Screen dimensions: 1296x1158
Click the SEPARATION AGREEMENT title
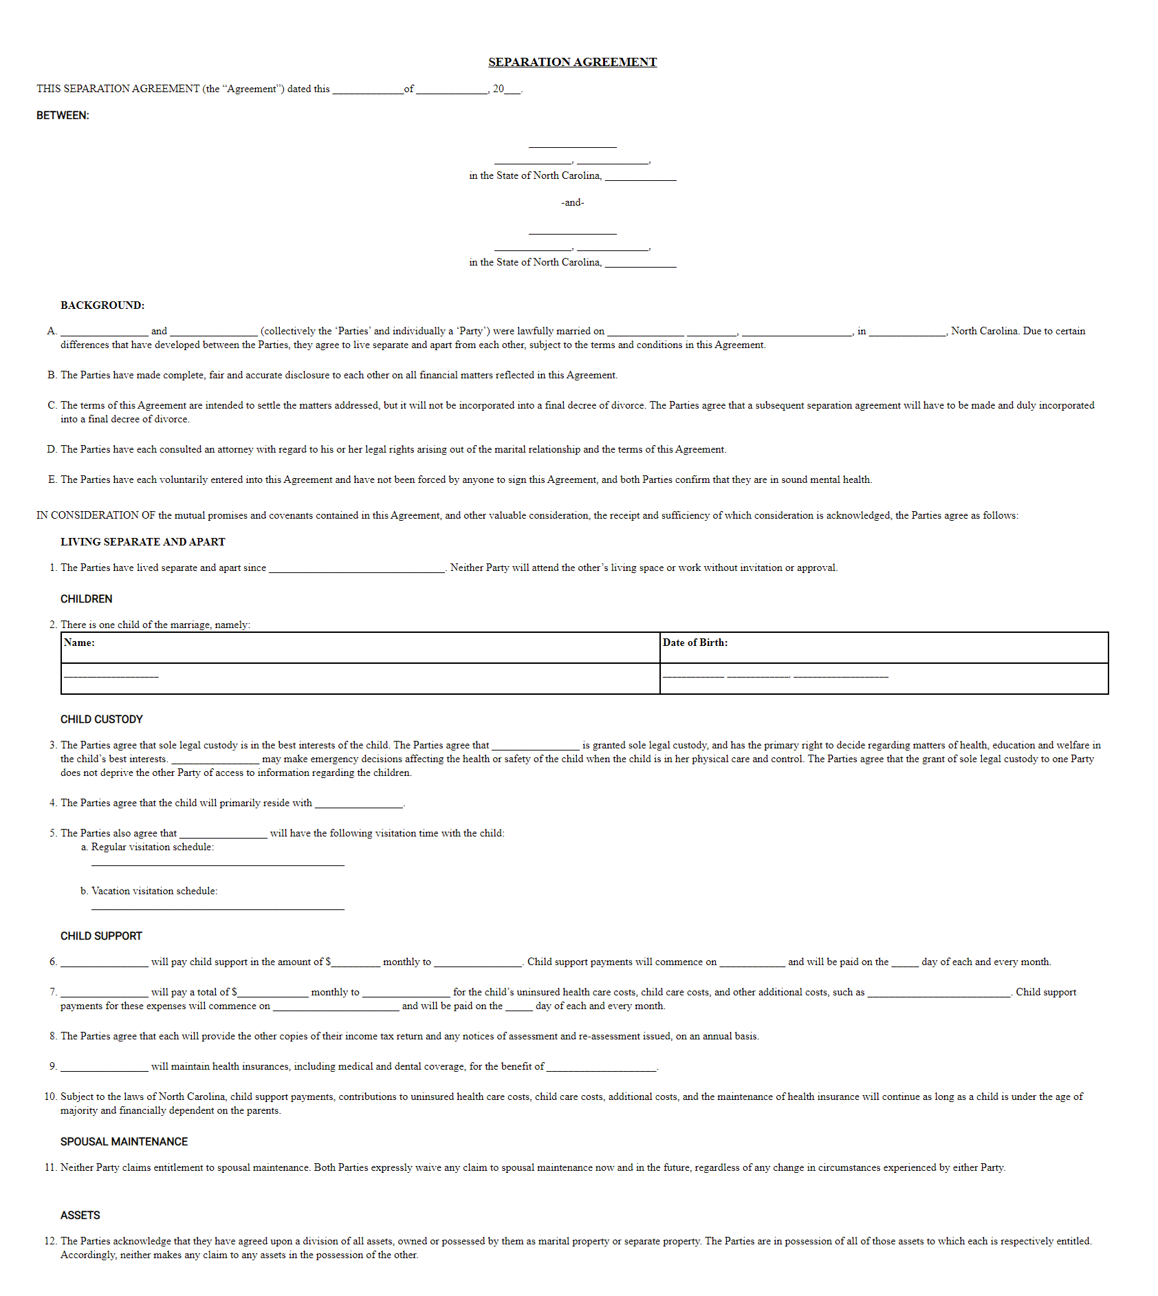pos(572,62)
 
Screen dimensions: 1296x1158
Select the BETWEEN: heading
pos(63,116)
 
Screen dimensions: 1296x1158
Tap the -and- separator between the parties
pos(572,202)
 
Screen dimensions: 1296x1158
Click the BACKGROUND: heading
pos(102,305)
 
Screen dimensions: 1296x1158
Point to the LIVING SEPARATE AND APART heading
pos(142,542)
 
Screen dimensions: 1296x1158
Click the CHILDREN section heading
pos(86,599)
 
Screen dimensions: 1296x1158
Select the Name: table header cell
pos(79,642)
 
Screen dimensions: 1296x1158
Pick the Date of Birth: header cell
pos(695,642)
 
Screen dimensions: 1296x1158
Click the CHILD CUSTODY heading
pos(101,720)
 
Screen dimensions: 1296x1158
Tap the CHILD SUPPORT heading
pos(101,936)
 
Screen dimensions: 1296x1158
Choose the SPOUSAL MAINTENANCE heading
pos(124,1142)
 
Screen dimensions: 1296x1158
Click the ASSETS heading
pos(80,1216)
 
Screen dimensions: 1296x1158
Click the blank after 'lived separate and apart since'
pos(356,569)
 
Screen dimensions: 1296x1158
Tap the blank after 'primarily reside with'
pos(358,804)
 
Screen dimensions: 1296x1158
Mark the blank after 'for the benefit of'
pos(602,1068)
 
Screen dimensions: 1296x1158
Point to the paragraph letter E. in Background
pos(52,479)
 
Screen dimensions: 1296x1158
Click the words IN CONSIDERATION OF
pos(96,515)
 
